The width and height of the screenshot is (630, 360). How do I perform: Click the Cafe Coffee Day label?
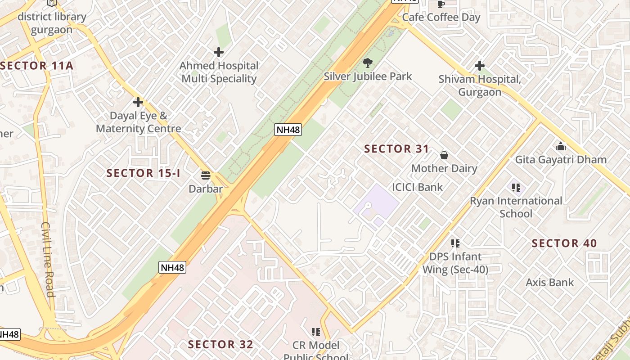pos(441,18)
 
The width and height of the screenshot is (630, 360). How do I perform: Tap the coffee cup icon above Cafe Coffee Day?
pos(441,4)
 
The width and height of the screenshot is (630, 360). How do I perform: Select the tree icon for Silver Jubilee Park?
pos(368,63)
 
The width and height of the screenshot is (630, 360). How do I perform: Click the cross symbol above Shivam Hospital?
pos(480,66)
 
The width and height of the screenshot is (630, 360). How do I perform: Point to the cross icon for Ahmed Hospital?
pos(219,53)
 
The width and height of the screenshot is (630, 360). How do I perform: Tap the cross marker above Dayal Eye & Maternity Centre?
pos(138,102)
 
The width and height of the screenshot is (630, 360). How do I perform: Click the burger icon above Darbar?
pos(206,175)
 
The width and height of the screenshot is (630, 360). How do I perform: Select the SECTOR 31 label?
pos(396,149)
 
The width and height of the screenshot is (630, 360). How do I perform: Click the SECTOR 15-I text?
pos(143,173)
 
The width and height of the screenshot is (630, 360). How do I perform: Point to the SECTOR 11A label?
pos(37,66)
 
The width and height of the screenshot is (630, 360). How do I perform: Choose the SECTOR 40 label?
pos(564,243)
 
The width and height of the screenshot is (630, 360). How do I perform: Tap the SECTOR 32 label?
pos(220,345)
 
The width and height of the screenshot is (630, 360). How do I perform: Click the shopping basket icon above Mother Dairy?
pos(444,155)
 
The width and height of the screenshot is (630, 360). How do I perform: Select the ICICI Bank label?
pos(417,187)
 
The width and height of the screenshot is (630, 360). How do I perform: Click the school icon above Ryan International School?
pos(516,187)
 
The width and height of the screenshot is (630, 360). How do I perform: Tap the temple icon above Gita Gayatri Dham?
pos(561,146)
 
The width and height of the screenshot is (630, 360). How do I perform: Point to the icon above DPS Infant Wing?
pos(455,243)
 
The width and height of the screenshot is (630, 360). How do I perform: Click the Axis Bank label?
pos(550,283)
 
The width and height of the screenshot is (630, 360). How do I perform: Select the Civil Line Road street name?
pos(48,259)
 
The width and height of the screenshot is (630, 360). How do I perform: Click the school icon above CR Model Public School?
pos(316,332)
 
